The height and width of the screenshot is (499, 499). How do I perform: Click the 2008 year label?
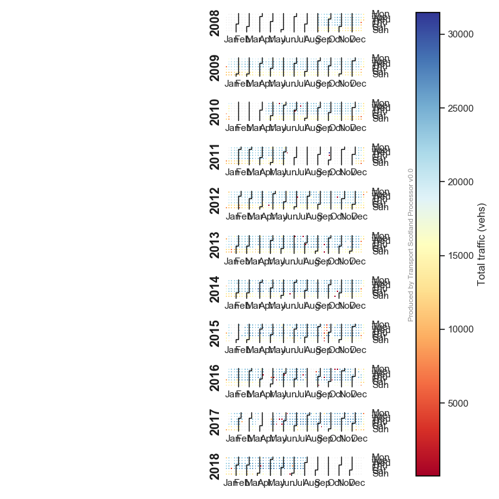215,23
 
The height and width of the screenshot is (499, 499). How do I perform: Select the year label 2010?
215,112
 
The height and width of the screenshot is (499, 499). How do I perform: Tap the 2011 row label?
215,156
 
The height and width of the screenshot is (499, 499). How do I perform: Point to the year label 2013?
215,245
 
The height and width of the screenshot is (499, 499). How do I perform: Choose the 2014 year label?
215,289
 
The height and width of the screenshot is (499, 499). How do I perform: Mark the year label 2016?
215,377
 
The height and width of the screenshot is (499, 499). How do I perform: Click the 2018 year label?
215,466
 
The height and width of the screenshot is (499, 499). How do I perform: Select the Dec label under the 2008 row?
358,39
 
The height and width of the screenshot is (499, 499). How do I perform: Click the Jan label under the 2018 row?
230,483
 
